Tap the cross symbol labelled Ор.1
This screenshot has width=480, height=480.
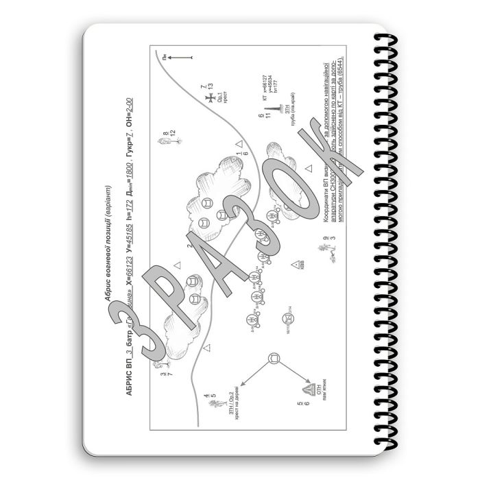(209, 99)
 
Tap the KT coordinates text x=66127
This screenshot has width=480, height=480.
(264, 89)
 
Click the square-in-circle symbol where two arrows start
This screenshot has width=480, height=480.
(274, 358)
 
